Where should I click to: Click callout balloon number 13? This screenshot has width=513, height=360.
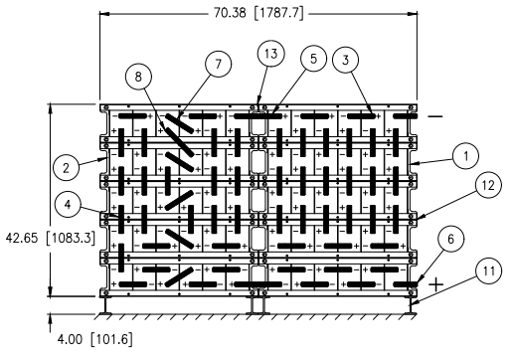coord(271,54)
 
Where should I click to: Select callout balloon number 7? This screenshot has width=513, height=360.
coord(218,64)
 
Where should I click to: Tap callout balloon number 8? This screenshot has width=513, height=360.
coord(138,77)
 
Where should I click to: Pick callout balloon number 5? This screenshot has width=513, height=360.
coord(313,59)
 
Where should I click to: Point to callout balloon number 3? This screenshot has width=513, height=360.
coord(346,60)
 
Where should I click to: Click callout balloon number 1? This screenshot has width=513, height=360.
coord(465,156)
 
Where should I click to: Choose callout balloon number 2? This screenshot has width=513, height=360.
coord(66,168)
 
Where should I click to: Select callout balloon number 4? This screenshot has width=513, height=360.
coord(68,205)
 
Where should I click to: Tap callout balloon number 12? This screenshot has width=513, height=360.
coord(488,185)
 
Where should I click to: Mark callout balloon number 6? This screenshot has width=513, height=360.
coord(450,239)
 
